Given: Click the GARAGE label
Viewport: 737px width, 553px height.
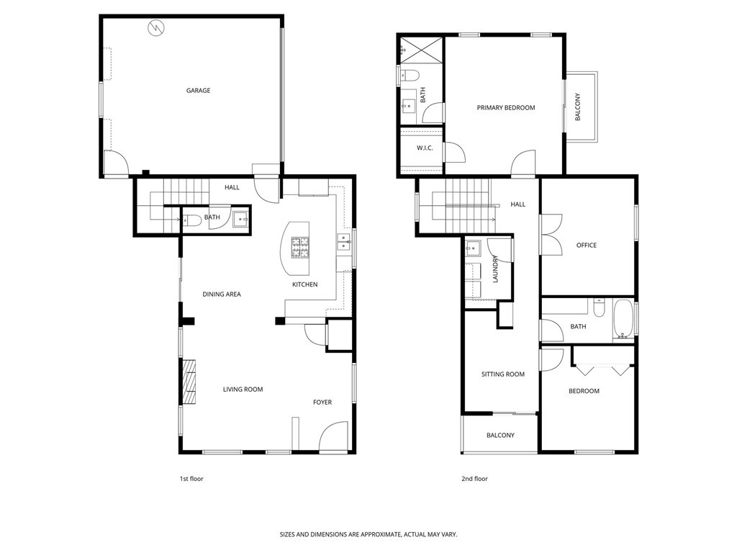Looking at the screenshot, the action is [198, 90].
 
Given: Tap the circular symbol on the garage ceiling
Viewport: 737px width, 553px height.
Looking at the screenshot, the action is [156, 28].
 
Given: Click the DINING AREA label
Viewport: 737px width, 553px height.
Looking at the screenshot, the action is [222, 295].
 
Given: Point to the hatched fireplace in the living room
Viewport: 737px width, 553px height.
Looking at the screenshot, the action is [189, 382].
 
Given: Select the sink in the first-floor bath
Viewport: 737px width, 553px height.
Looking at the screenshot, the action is [240, 219].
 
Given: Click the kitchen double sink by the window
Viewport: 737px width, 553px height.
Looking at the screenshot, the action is [343, 243].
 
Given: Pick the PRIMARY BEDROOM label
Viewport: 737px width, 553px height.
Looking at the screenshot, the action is [506, 108].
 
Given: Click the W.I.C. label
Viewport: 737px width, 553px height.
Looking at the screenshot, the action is [425, 148].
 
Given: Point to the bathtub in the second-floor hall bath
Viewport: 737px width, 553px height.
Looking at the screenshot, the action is [623, 319].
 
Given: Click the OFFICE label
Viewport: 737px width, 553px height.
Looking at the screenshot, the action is [586, 246].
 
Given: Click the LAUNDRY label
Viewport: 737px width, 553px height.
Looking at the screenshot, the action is [495, 269].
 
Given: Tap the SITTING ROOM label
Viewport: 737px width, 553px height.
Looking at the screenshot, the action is [502, 374].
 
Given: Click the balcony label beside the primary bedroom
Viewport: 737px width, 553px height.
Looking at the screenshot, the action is [578, 107].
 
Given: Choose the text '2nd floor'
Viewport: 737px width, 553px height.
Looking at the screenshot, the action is [474, 479].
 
